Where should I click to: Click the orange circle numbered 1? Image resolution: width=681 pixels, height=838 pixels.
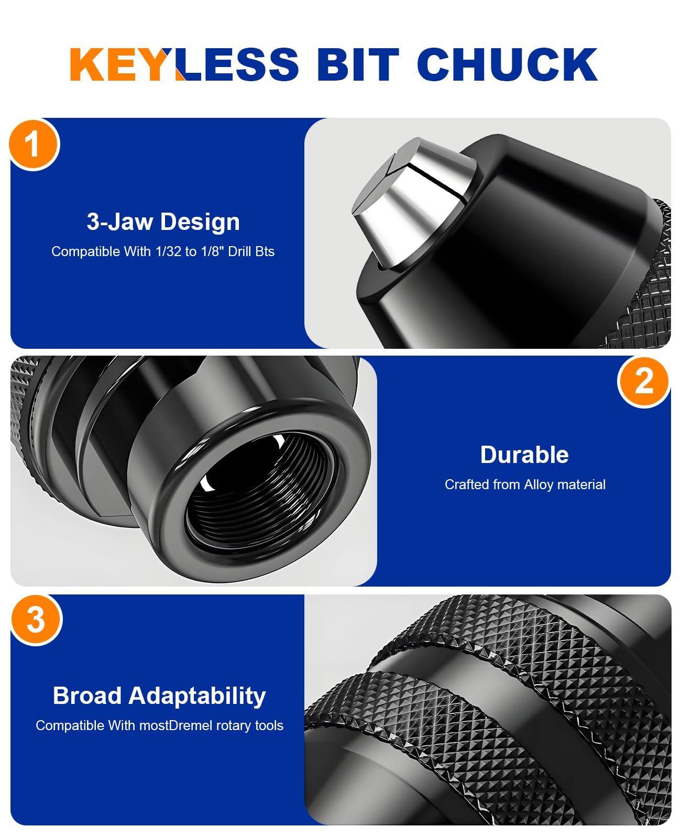pos(34,145)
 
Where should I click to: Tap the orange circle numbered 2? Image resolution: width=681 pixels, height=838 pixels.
pos(643,382)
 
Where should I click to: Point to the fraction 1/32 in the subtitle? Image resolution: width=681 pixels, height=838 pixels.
pos(168,251)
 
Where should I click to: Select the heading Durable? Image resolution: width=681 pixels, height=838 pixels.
pos(524,455)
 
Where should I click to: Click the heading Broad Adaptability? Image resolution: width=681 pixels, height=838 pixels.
pos(159,696)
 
